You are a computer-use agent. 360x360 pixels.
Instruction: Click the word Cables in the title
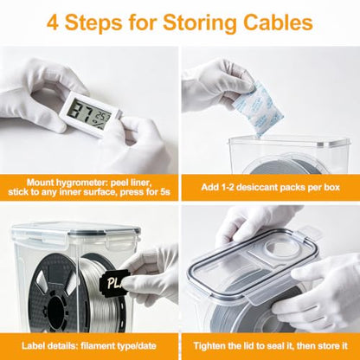click(278, 22)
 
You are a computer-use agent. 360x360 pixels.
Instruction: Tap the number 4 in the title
click(52, 22)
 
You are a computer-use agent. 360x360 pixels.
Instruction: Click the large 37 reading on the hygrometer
click(82, 112)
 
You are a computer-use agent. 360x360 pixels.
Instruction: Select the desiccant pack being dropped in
click(260, 107)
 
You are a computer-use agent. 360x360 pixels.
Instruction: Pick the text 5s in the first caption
click(165, 192)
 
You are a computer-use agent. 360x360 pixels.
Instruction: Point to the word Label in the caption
click(31, 346)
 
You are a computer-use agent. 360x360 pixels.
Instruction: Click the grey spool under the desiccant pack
click(286, 167)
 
